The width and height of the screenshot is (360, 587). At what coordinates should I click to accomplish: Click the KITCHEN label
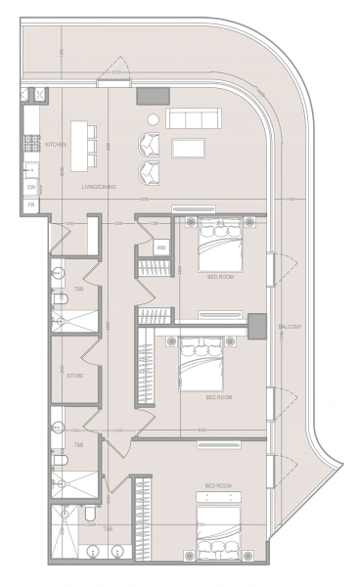pyautogui.click(x=56, y=144)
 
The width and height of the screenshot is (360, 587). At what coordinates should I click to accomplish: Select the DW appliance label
pyautogui.click(x=31, y=186)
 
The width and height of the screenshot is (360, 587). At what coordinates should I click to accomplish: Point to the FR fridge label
pyautogui.click(x=31, y=204)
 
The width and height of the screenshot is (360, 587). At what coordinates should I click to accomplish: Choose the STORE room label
pyautogui.click(x=75, y=375)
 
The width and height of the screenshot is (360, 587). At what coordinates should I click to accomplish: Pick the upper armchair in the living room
pyautogui.click(x=149, y=144)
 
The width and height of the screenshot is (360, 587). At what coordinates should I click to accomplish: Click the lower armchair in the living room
pyautogui.click(x=149, y=173)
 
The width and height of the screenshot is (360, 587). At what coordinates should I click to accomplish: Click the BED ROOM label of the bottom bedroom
pyautogui.click(x=217, y=486)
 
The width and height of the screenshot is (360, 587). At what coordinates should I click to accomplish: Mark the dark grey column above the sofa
pyautogui.click(x=152, y=96)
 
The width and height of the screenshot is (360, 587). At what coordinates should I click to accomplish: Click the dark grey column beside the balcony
pyautogui.click(x=257, y=325)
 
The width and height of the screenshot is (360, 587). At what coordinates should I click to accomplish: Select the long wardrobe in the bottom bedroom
pyautogui.click(x=143, y=519)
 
